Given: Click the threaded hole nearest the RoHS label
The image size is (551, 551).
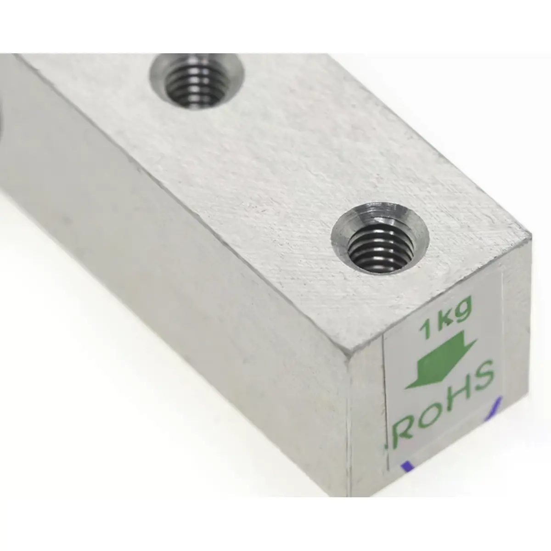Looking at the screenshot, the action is click(x=380, y=240).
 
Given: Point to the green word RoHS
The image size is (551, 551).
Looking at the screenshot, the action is click(x=443, y=406).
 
